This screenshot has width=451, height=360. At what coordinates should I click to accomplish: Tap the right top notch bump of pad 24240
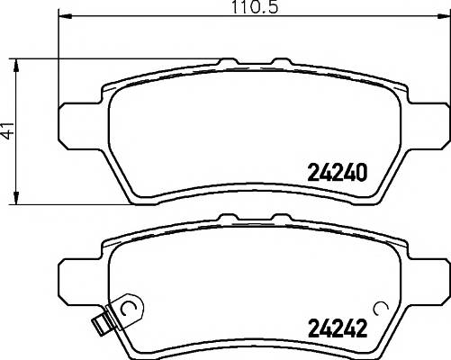[x=276, y=63]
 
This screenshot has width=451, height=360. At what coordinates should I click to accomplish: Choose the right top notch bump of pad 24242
[x=276, y=217]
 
